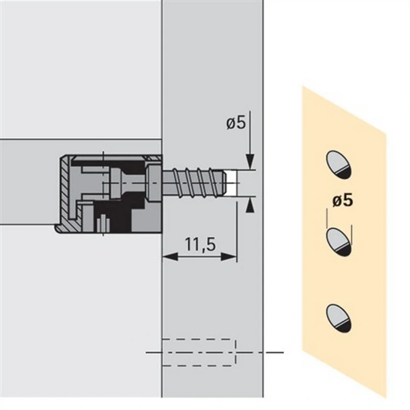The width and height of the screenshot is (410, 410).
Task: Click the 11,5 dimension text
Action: (x=200, y=244)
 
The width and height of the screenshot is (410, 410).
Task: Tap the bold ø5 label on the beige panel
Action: (x=343, y=201)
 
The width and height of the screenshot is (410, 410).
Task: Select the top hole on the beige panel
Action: (x=338, y=165)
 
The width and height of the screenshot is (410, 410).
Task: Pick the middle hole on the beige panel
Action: (x=338, y=241)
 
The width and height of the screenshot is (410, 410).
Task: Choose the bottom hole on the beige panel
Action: (x=338, y=318)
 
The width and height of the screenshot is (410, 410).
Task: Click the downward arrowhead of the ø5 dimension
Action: (x=250, y=162)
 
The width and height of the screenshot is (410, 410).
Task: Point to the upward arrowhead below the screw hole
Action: (x=250, y=205)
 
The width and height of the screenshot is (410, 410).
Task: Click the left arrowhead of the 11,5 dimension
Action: (x=170, y=256)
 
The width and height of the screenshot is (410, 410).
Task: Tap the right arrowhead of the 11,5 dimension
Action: (x=229, y=256)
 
